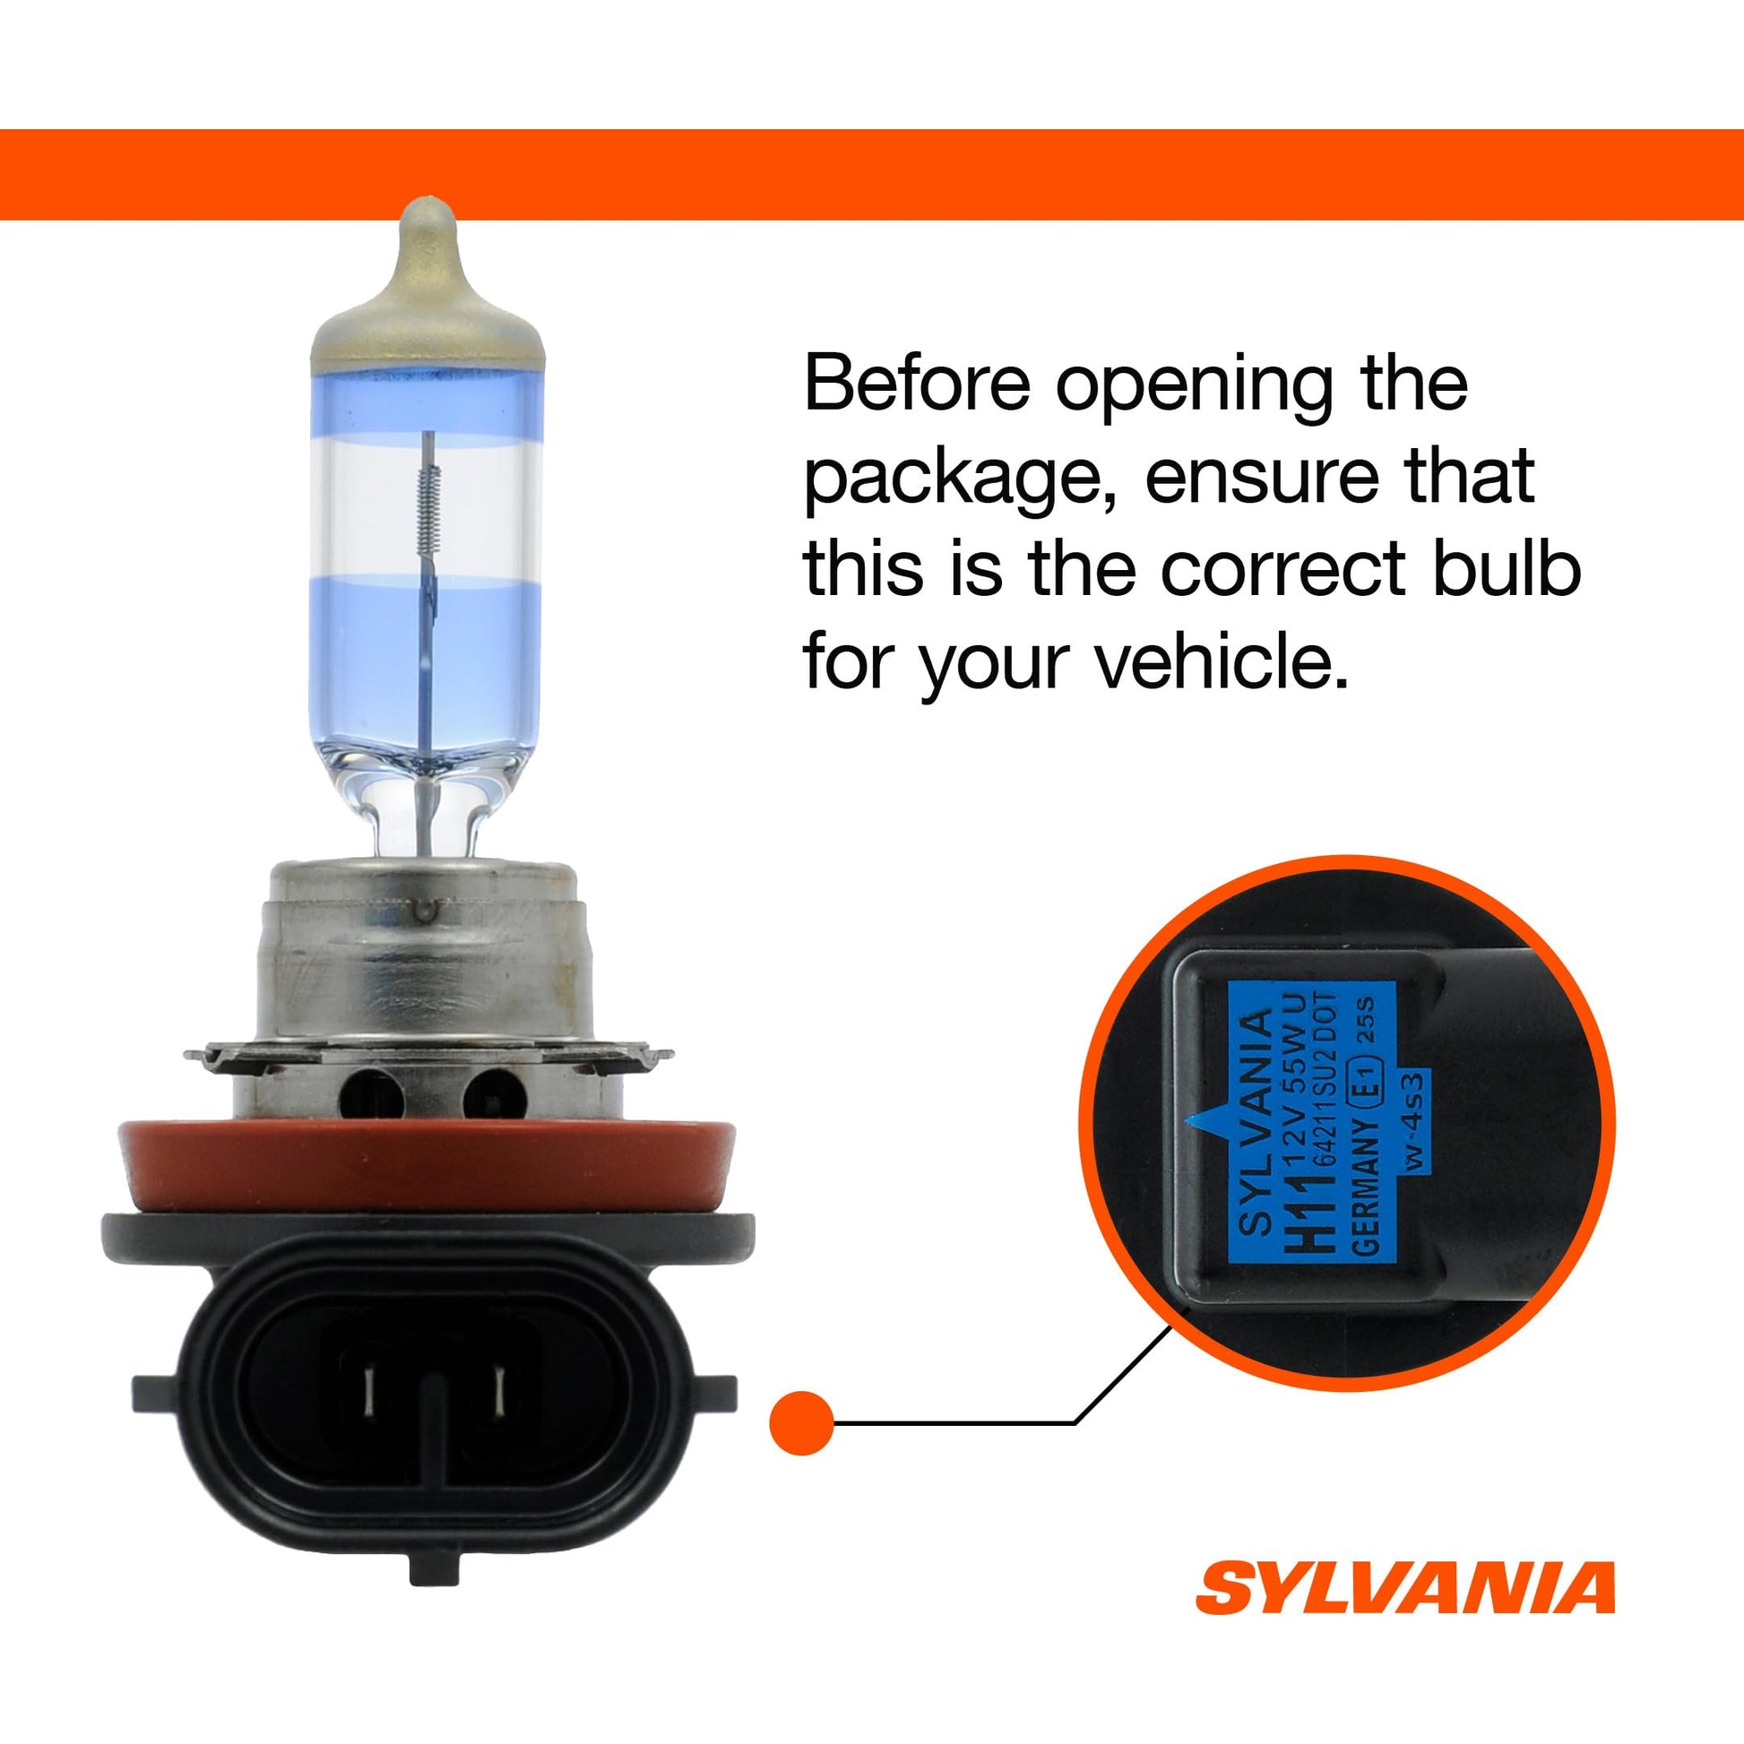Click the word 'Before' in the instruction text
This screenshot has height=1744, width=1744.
(x=917, y=384)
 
